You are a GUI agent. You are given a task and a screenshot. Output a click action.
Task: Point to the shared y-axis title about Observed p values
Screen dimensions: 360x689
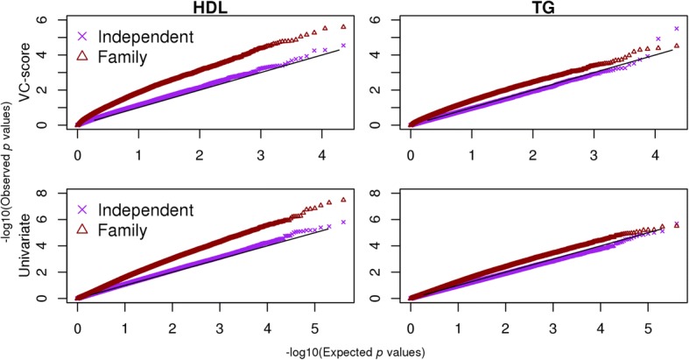[10, 166]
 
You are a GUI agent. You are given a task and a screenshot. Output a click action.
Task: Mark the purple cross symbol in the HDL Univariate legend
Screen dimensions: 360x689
[84, 210]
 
